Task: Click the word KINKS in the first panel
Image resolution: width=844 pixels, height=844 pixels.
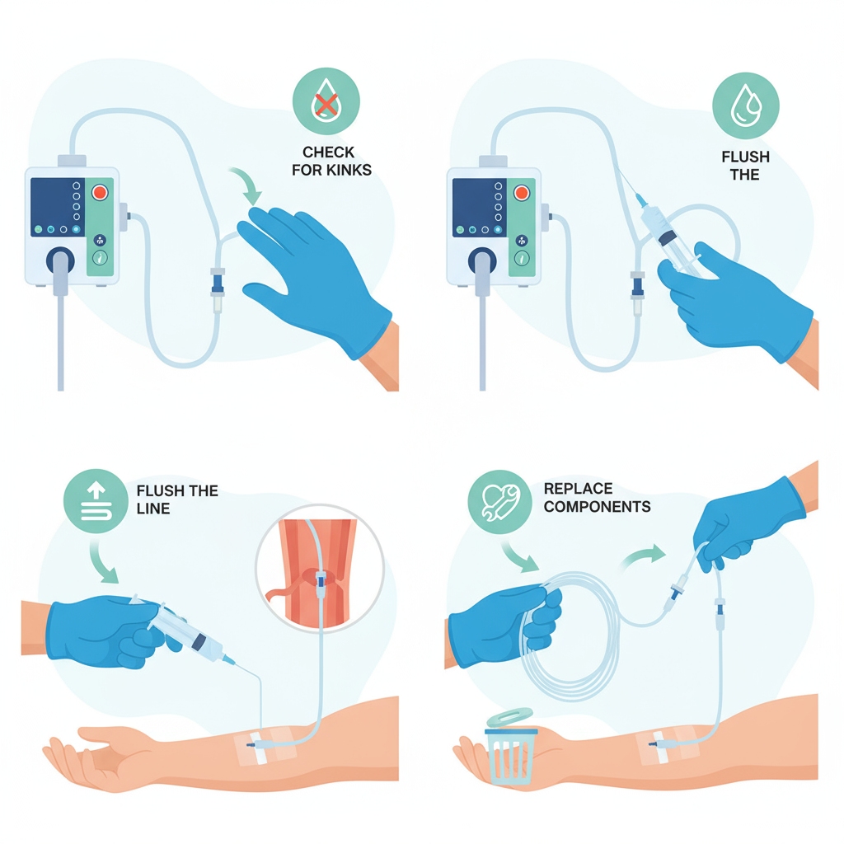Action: pyautogui.click(x=351, y=171)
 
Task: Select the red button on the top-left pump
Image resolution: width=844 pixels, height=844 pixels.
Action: pyautogui.click(x=101, y=192)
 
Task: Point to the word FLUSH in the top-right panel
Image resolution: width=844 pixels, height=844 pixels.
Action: pyautogui.click(x=745, y=157)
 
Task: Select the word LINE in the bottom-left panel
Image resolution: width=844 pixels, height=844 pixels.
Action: pyautogui.click(x=152, y=509)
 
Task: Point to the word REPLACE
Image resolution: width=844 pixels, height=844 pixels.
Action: pyautogui.click(x=578, y=488)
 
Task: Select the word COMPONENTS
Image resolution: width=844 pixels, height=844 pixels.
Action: pyautogui.click(x=597, y=506)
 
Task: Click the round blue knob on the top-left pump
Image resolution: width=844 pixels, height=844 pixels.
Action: pyautogui.click(x=60, y=261)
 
